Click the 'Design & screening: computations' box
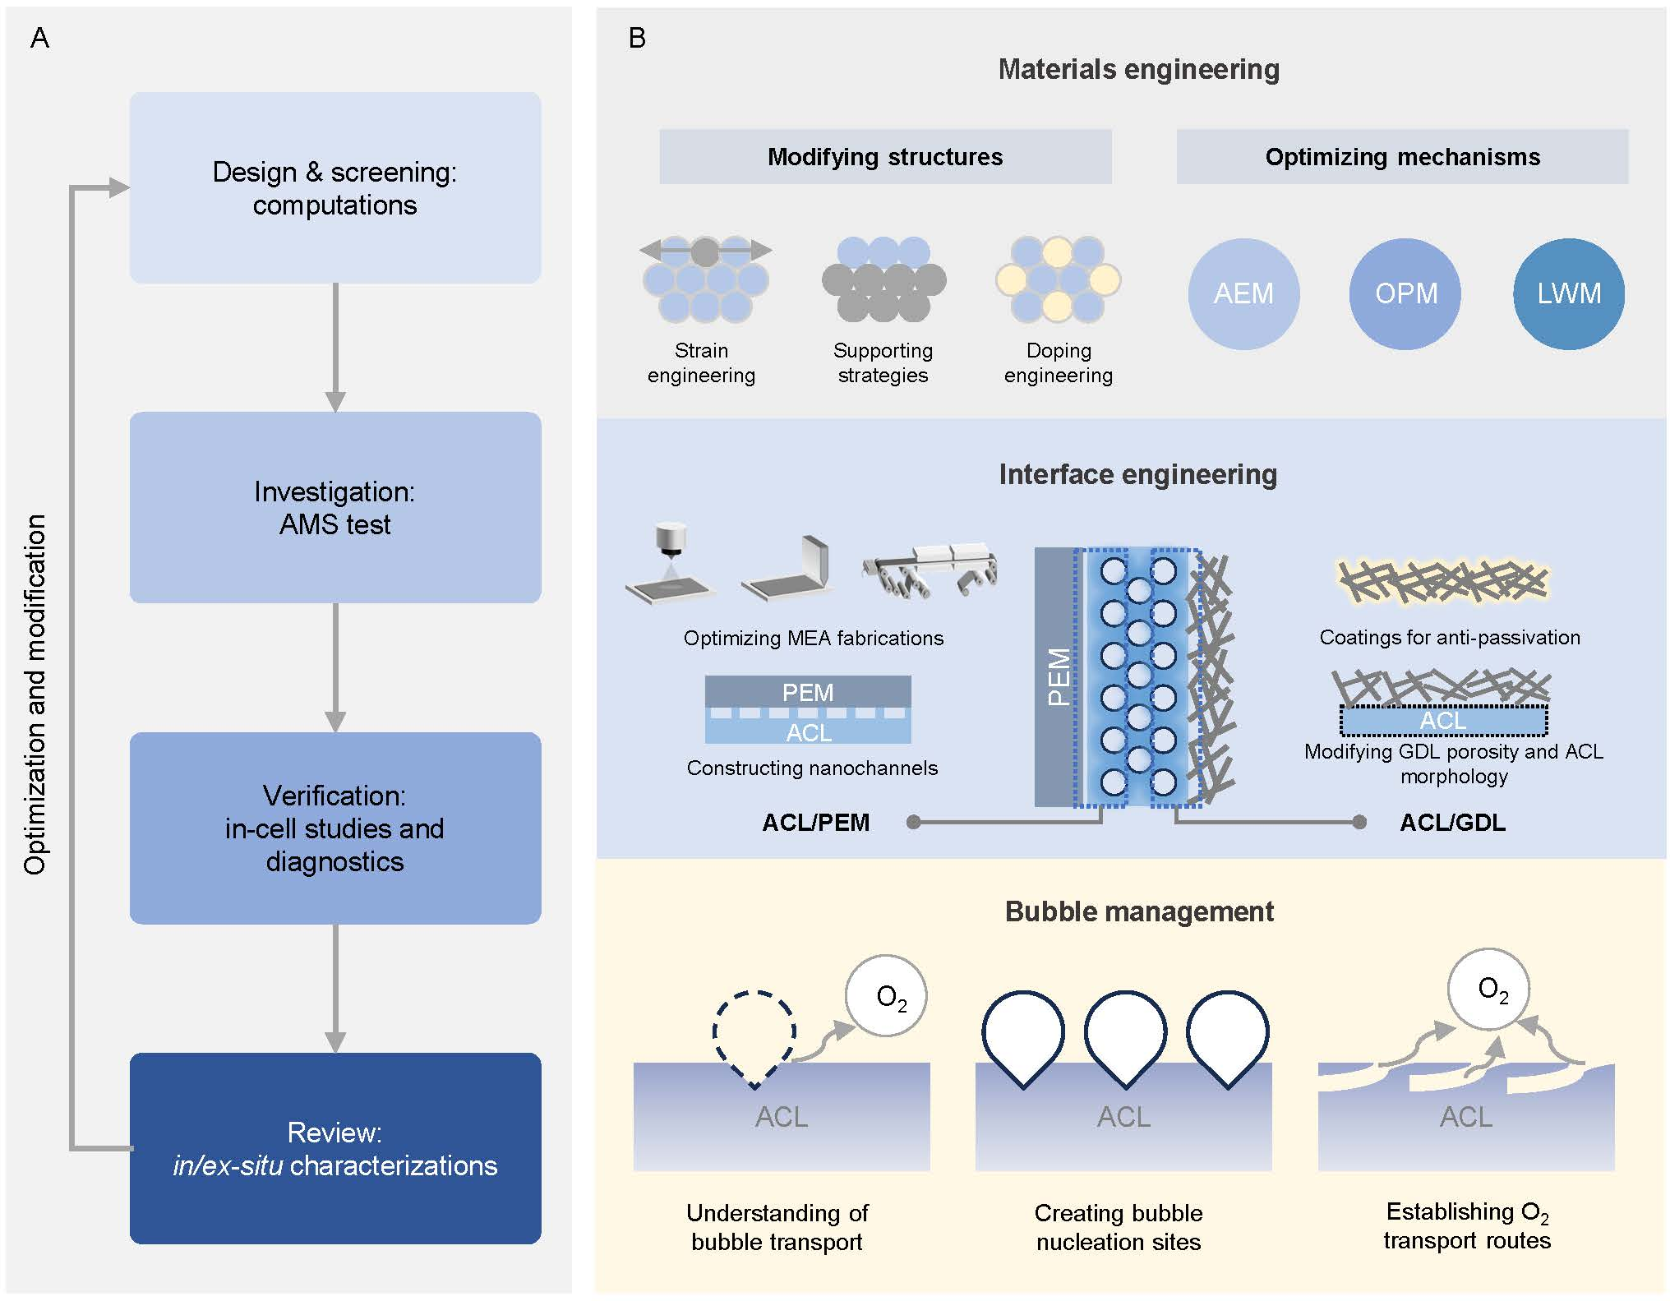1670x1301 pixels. [x=335, y=188]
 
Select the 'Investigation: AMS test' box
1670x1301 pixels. [x=335, y=508]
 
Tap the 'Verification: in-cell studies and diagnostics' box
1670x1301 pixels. [x=335, y=828]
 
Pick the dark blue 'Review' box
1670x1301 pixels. [x=335, y=1148]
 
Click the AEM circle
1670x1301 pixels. [x=1243, y=293]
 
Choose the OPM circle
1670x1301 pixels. [x=1405, y=293]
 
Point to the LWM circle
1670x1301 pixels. [x=1568, y=293]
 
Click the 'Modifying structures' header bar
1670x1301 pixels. [x=885, y=157]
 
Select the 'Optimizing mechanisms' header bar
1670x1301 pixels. [x=1402, y=157]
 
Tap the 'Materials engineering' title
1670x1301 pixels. [x=1138, y=69]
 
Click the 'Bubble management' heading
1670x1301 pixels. [x=1139, y=911]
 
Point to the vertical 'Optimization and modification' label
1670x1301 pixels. [x=35, y=694]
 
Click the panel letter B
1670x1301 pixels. [x=637, y=38]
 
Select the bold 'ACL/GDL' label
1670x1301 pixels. [x=1452, y=823]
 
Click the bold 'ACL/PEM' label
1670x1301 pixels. [x=815, y=823]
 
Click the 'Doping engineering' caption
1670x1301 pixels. [x=1059, y=362]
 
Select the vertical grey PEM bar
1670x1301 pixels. [x=1057, y=676]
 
